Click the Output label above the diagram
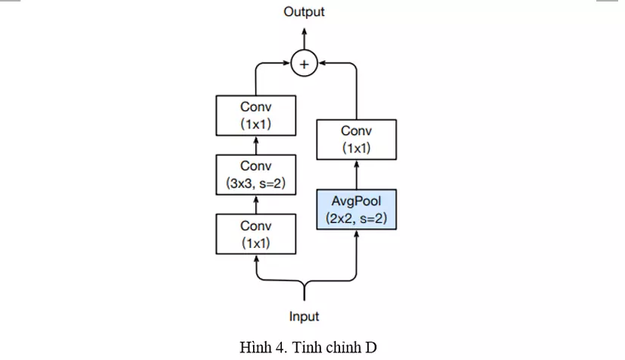pyautogui.click(x=304, y=11)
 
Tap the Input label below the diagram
pyautogui.click(x=304, y=316)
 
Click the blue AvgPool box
pyautogui.click(x=356, y=210)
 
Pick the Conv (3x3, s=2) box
pyautogui.click(x=256, y=174)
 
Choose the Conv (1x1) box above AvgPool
pyautogui.click(x=356, y=139)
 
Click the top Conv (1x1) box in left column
pyautogui.click(x=256, y=115)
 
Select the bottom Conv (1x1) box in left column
pyautogui.click(x=256, y=233)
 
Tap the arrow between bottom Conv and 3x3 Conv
pyautogui.click(x=256, y=204)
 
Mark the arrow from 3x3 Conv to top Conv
pyautogui.click(x=256, y=145)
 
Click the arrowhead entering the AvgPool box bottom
pyautogui.click(x=356, y=234)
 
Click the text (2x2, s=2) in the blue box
pyautogui.click(x=356, y=218)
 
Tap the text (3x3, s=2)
pyautogui.click(x=256, y=182)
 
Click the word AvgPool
pyautogui.click(x=356, y=202)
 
